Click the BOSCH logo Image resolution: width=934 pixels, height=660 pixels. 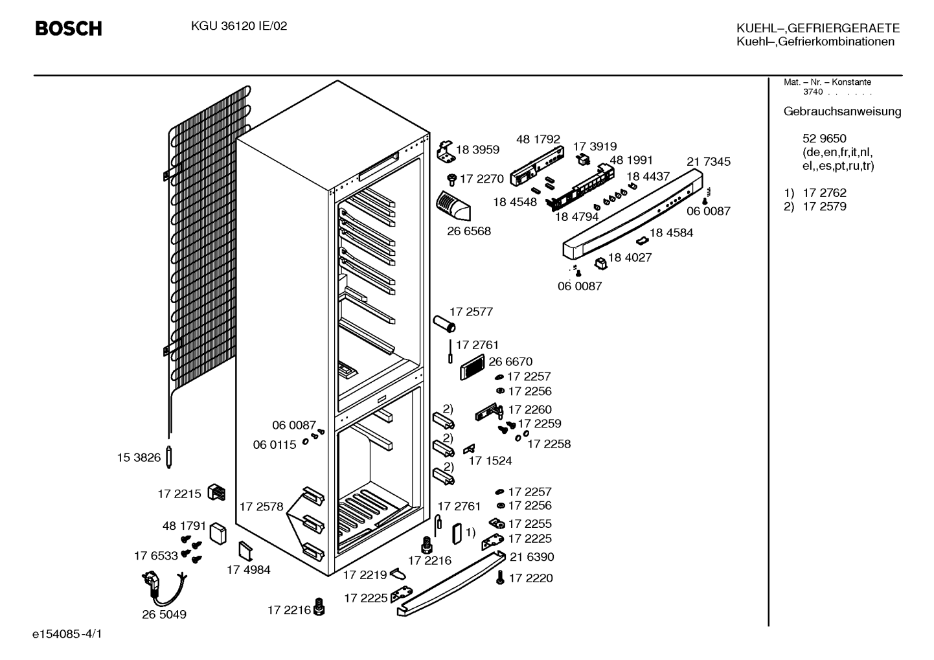[69, 28]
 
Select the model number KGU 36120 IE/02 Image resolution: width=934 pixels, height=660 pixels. [239, 27]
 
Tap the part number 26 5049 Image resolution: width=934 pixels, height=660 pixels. [164, 614]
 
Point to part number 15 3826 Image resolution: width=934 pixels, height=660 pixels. [139, 457]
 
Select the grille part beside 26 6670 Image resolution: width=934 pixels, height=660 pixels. [472, 367]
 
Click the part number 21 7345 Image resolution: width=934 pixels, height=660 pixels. [709, 161]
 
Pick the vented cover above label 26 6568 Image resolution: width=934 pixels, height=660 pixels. [453, 206]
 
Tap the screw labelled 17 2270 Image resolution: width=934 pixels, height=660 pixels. [451, 179]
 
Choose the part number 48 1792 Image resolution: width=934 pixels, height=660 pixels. [538, 139]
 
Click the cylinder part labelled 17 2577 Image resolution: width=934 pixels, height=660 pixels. [444, 324]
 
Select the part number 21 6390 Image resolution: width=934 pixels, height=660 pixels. [532, 556]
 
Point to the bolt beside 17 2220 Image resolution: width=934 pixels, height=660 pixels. [500, 578]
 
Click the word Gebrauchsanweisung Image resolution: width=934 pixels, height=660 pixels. [842, 112]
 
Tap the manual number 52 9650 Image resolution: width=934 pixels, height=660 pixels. [825, 139]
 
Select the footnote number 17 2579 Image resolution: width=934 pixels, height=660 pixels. [825, 207]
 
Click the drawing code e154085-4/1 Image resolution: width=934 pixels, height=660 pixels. [67, 634]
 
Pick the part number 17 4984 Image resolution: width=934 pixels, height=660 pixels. [249, 569]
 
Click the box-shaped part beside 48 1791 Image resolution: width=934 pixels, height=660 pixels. [218, 534]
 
